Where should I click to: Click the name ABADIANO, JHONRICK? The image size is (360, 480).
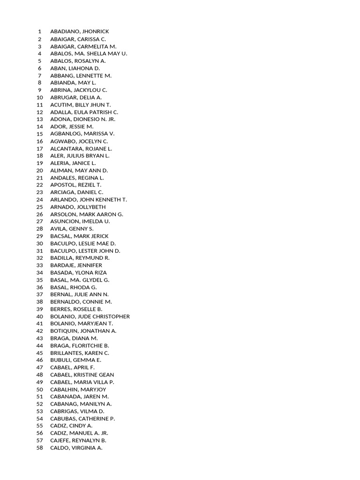click(79, 31)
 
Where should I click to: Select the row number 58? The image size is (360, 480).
click(40, 448)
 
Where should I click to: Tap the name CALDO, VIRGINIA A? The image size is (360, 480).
click(76, 448)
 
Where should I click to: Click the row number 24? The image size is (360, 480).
click(40, 199)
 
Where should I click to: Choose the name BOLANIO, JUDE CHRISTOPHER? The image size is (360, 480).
click(90, 316)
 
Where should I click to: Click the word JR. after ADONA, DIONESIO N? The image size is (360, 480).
click(111, 119)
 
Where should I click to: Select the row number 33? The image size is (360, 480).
click(40, 265)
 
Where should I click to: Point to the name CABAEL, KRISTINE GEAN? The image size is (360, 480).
click(82, 375)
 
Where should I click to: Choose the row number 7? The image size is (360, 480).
click(40, 75)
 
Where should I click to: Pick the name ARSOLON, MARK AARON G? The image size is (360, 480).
click(87, 214)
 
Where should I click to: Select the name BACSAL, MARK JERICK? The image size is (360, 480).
click(79, 236)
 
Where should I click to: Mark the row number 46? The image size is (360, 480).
click(40, 360)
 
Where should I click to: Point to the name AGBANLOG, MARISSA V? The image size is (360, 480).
click(82, 134)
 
